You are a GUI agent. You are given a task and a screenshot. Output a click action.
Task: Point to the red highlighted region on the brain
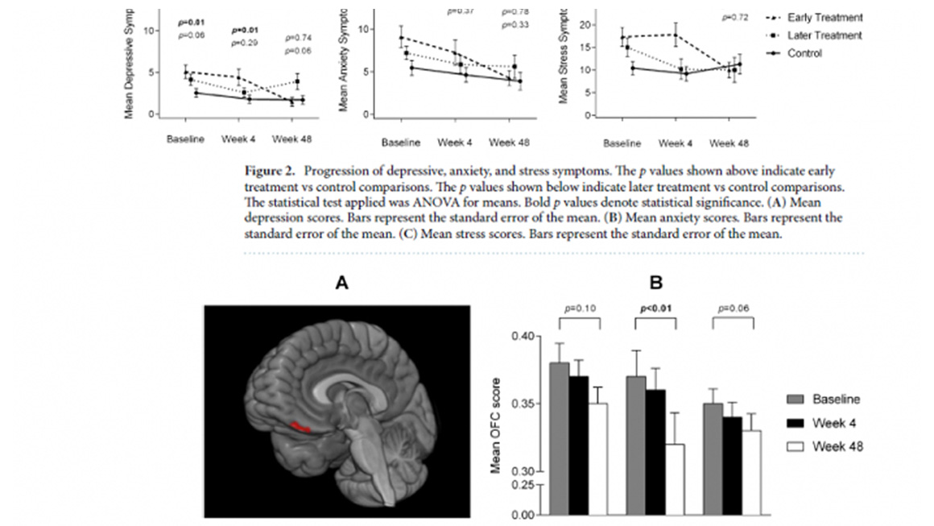coord(301,426)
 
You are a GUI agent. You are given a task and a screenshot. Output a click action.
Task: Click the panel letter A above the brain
coord(343,284)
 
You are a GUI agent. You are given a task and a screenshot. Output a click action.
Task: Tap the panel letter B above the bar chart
coord(656,284)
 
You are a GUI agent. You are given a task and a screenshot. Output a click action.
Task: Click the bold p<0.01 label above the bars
coord(655,308)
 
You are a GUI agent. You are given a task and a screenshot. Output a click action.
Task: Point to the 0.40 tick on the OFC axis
coord(523,336)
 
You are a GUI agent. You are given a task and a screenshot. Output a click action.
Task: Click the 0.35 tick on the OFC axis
coord(523,404)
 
